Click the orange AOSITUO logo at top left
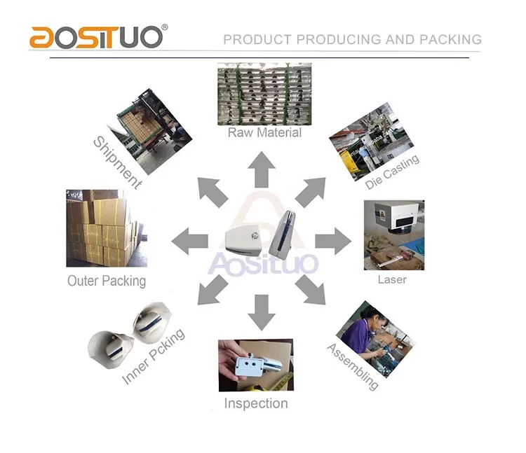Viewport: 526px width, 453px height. [99, 36]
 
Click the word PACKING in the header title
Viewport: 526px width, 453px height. [450, 39]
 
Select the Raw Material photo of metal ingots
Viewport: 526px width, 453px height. [264, 94]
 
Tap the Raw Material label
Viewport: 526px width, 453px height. [264, 132]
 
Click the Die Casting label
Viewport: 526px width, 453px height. [392, 172]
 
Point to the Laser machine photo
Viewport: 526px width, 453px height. [394, 235]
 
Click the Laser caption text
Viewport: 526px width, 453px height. [392, 279]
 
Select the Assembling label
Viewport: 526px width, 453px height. [353, 367]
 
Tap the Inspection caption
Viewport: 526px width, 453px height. [256, 403]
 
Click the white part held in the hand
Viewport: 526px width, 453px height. [257, 365]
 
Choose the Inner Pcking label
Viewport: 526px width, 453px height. [154, 356]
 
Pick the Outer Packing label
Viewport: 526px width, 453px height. [107, 281]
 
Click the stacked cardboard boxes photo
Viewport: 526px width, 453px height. [107, 228]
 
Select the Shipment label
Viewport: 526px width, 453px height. [117, 162]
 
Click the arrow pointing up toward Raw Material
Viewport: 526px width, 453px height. [262, 169]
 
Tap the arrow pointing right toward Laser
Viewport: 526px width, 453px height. [333, 241]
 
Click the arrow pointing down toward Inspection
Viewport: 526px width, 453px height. [262, 312]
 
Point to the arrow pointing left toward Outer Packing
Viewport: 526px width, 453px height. [189, 241]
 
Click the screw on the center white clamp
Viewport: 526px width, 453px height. [255, 235]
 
